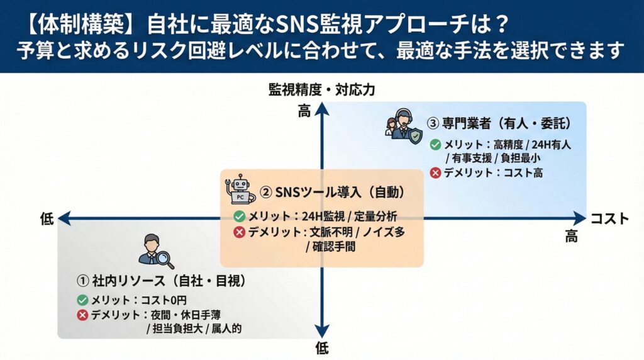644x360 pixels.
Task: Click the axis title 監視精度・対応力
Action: coord(321,90)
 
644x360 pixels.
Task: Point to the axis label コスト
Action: coord(609,218)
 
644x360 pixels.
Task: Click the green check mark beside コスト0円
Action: coord(82,300)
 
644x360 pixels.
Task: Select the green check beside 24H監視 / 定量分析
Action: coord(239,217)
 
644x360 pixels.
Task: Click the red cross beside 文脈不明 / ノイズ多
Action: coord(239,232)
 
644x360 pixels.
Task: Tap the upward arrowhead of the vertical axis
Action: coord(322,108)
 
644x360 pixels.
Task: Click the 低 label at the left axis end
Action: coord(47,218)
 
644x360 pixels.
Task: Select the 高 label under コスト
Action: coord(571,236)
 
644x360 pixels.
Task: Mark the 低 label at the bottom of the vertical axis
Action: coord(321,347)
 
